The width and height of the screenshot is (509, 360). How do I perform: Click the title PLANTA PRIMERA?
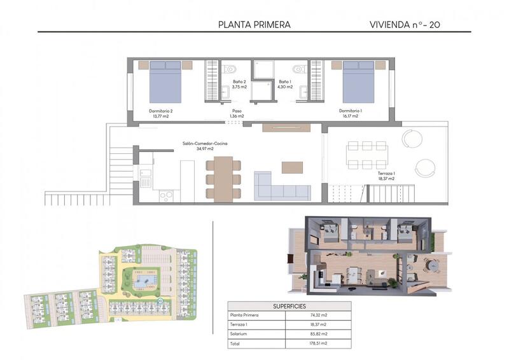tap(254, 25)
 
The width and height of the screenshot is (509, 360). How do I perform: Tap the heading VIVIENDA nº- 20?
tap(405, 25)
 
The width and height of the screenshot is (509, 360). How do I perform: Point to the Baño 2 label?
tap(239, 84)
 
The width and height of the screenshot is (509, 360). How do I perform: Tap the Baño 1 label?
tap(284, 84)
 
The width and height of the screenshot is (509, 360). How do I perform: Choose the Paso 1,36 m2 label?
tap(236, 113)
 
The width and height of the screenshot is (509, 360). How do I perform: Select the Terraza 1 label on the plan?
tap(386, 176)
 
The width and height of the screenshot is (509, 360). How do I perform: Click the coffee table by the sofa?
tap(292, 167)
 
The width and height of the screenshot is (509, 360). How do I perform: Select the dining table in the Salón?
tap(223, 178)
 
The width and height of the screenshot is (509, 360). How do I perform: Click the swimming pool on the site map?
tap(148, 279)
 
